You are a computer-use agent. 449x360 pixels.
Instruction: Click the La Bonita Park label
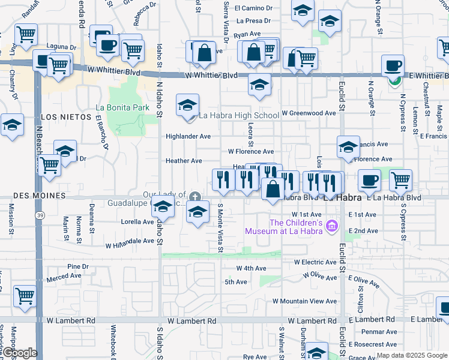(122, 107)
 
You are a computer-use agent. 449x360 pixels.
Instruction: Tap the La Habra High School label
(239, 115)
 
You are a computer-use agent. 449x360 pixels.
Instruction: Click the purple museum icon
(335, 227)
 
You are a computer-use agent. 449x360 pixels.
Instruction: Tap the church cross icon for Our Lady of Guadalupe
(194, 196)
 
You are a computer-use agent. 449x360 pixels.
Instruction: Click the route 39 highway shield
(39, 215)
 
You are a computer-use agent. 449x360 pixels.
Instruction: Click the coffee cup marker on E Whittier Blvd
(394, 67)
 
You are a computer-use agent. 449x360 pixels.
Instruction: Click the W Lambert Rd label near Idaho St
(191, 322)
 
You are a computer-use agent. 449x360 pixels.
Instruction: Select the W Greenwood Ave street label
(308, 113)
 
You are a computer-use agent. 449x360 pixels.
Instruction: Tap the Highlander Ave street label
(188, 136)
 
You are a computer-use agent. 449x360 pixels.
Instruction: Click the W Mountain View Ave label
(304, 301)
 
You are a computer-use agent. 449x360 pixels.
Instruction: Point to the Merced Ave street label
(64, 276)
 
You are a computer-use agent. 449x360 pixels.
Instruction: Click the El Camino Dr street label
(253, 8)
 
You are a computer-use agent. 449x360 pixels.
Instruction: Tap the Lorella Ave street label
(137, 221)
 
